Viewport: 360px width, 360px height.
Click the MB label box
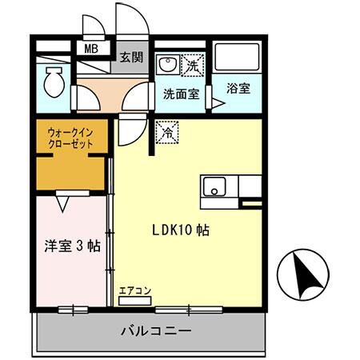click(x=92, y=48)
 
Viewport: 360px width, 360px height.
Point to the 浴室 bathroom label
click(x=238, y=89)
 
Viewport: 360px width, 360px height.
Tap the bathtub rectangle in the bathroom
click(x=238, y=57)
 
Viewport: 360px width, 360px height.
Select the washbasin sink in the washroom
click(x=167, y=64)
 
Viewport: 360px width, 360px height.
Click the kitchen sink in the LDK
click(x=214, y=189)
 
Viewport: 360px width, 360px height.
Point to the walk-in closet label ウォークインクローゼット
click(x=70, y=138)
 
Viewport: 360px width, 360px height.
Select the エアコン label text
click(x=134, y=290)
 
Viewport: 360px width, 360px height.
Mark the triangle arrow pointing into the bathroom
click(x=216, y=102)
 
